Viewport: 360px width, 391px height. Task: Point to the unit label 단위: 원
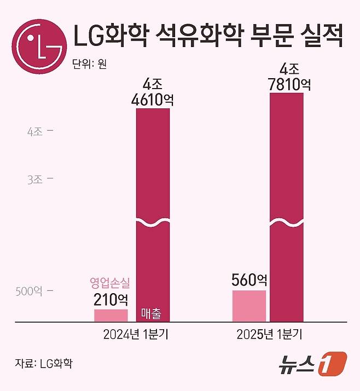(89, 65)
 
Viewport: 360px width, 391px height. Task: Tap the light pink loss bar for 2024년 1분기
(111, 315)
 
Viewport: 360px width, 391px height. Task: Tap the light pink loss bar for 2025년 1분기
(249, 306)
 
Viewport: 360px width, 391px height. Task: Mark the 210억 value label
(111, 299)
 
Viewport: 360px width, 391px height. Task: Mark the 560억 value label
(249, 280)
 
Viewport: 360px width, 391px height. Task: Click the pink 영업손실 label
(111, 283)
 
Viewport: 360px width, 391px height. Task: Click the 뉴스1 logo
(312, 364)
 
